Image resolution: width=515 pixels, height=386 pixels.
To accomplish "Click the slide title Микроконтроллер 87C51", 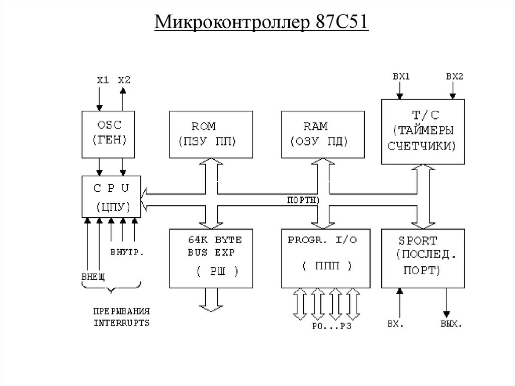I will [x=261, y=23].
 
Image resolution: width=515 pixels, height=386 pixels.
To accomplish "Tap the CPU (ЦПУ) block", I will [x=112, y=196].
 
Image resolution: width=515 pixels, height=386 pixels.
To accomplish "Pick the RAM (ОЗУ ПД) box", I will [x=323, y=134].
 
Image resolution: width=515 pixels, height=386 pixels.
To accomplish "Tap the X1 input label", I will [x=103, y=80].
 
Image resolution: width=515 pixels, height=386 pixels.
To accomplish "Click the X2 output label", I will [x=124, y=80].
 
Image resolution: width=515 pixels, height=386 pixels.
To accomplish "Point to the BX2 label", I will [x=454, y=77].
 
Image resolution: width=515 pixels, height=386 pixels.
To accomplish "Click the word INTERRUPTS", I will [x=122, y=323].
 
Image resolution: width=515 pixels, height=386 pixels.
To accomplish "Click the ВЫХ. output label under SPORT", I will [x=450, y=323].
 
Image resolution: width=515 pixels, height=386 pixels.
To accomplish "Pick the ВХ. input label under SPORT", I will [x=395, y=323].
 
